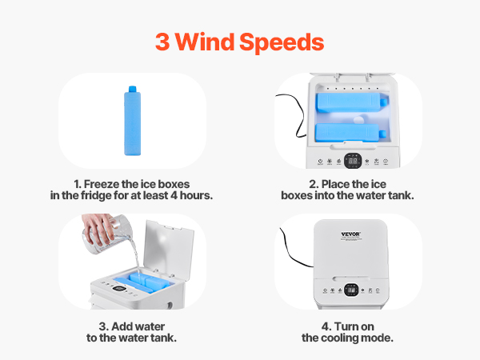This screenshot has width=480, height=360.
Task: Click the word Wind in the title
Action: tap(205, 42)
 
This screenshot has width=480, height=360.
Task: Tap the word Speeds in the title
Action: tap(282, 43)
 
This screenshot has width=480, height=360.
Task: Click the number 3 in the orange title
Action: tap(162, 42)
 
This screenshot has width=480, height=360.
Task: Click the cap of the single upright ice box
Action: tap(132, 89)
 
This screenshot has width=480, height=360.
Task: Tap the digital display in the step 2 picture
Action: tap(353, 161)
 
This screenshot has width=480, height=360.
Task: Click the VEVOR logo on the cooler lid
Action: tap(351, 234)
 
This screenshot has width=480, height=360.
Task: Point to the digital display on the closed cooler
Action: tap(351, 290)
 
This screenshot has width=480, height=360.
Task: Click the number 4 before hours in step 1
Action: tap(174, 195)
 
